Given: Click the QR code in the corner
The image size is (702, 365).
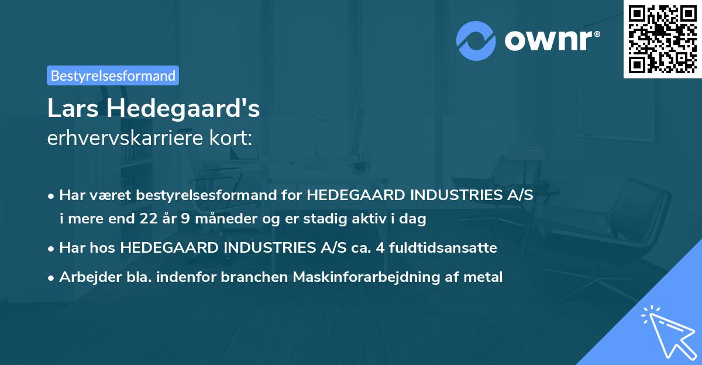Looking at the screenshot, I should point(662,39).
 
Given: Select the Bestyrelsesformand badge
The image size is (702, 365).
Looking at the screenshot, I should point(113,75).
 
